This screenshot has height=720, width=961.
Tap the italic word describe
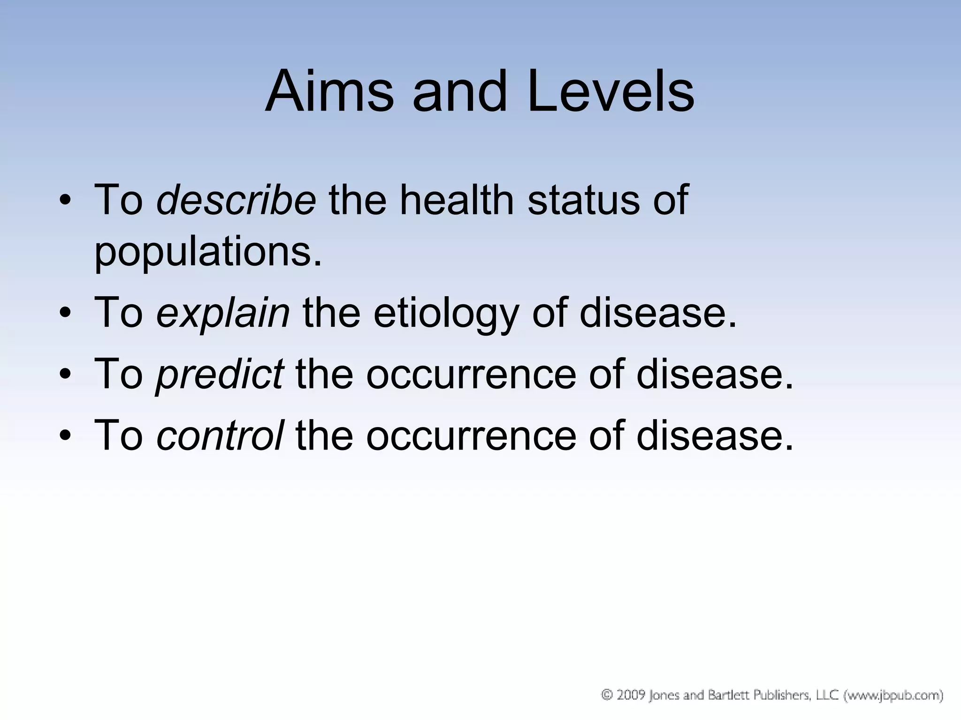pos(236,200)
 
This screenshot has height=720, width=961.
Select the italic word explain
pos(223,313)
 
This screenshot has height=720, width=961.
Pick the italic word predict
pos(220,374)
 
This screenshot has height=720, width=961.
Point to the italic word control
pos(220,435)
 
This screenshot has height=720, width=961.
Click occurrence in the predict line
pos(471,374)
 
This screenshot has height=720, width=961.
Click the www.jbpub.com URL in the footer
pos(894,695)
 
